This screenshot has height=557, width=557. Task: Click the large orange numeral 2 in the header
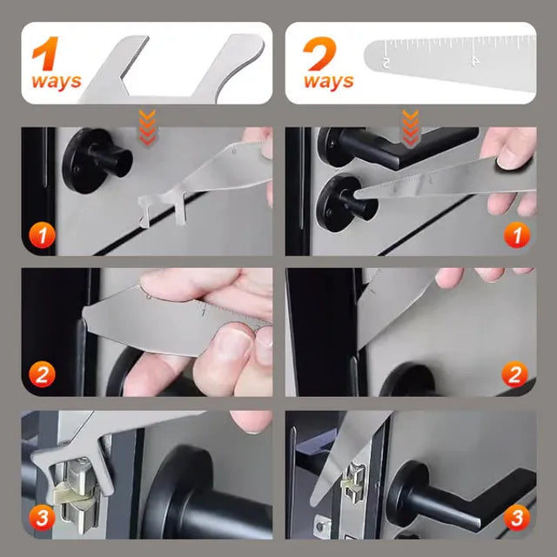coord(321,53)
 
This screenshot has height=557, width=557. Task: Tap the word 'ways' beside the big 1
coord(57,82)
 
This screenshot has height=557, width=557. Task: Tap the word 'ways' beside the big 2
coord(329,82)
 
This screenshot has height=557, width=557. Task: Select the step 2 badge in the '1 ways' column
coord(42,376)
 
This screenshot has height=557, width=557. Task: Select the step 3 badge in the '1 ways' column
coord(42,518)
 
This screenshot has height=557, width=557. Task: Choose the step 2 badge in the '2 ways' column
coord(517,376)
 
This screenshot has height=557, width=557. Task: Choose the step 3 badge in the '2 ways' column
coord(517,518)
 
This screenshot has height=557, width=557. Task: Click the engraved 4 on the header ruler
coord(474,61)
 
